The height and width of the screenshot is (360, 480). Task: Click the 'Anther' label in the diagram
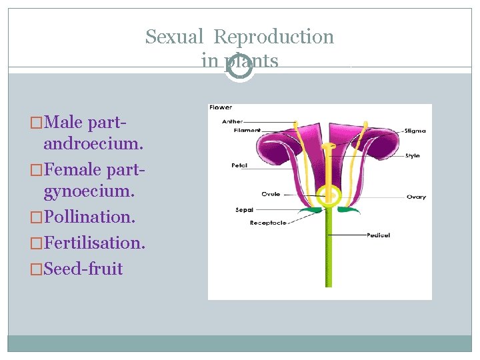click(x=233, y=121)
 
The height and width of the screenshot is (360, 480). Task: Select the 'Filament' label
click(x=247, y=131)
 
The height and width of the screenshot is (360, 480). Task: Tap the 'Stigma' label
click(x=415, y=131)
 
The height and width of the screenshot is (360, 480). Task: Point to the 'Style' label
click(x=413, y=156)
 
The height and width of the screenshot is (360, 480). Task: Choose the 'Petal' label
click(x=239, y=165)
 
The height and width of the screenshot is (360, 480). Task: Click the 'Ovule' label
click(x=271, y=194)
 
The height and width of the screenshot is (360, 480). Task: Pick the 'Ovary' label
click(x=416, y=197)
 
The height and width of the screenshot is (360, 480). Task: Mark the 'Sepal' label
click(x=244, y=209)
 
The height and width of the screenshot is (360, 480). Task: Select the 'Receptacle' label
click(x=268, y=223)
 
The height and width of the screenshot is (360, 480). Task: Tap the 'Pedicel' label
click(x=378, y=235)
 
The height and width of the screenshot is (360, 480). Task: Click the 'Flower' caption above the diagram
click(x=221, y=107)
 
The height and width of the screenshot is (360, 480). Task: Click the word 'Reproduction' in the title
click(x=273, y=37)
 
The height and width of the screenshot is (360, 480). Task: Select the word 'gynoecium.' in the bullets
click(x=89, y=192)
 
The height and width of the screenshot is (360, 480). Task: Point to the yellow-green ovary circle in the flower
click(x=328, y=195)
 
